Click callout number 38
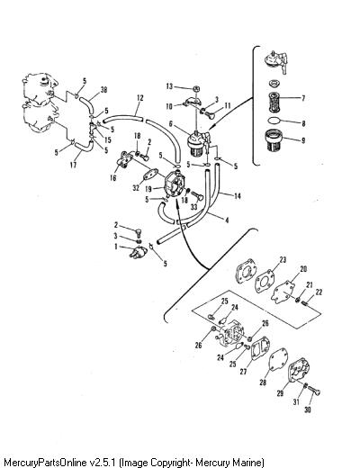click(x=103, y=89)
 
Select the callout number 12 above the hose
click(x=139, y=98)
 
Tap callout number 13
click(x=169, y=86)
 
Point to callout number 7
click(x=303, y=98)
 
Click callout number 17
click(x=73, y=165)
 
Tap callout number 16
click(x=112, y=178)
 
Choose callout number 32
click(x=136, y=188)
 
